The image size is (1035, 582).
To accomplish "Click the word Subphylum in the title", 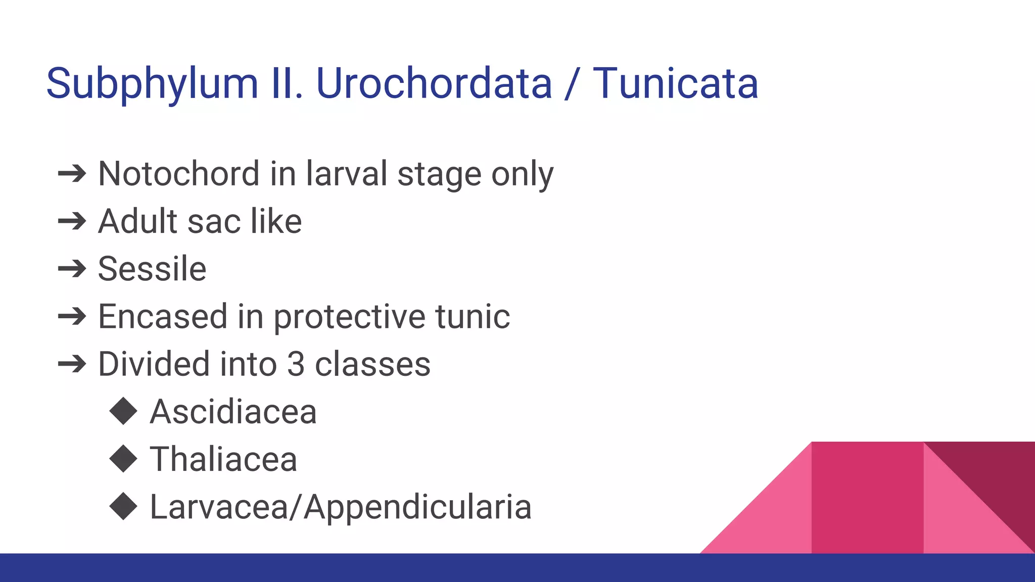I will coord(152,84).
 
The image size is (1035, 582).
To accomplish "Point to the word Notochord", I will coord(179,174).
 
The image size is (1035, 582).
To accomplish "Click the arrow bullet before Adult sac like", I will coord(72,221).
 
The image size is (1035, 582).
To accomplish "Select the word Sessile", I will coord(152,269).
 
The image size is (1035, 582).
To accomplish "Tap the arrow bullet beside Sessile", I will coord(72,269).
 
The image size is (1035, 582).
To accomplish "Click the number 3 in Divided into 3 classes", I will coord(296,364).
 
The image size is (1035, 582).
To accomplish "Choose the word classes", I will coord(372,364).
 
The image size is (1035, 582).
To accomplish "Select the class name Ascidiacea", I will coord(233,412).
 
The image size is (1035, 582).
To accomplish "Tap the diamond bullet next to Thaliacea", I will coord(123,459).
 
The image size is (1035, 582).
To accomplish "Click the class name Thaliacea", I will coord(223,459).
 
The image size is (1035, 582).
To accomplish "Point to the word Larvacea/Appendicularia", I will coord(341,507).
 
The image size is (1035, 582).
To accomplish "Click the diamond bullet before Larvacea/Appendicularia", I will coord(123,506).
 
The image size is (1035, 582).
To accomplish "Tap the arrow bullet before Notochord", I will coord(72,174).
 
